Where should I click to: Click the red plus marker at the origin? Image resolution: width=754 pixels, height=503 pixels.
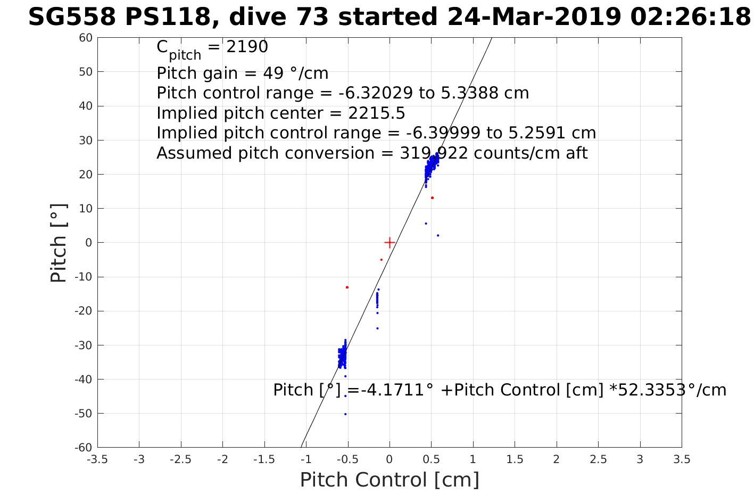point(390,242)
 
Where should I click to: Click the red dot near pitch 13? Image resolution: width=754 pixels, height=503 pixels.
point(432,197)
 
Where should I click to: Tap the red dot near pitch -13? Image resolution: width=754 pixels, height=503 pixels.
point(347,287)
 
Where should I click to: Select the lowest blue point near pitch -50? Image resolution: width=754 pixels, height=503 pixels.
point(345,414)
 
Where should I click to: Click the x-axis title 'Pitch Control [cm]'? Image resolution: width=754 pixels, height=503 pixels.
point(390,480)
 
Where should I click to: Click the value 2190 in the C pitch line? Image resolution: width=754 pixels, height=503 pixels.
point(247,47)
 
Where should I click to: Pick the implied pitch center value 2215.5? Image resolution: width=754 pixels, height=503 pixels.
point(377,113)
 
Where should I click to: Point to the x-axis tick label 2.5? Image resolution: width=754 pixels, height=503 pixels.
point(598,459)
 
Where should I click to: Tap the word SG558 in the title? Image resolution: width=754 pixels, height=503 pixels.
point(71,18)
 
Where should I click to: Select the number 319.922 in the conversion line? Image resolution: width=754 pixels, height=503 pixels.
point(434,153)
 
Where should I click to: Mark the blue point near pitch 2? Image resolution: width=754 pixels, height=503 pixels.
point(438,235)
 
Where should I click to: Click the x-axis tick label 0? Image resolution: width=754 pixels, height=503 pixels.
point(390,459)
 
